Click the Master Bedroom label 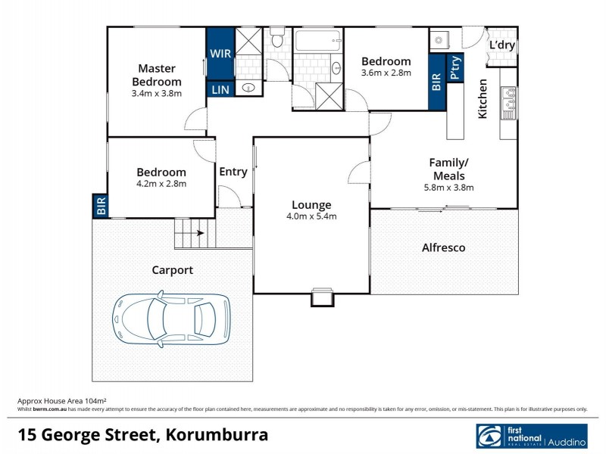click(157, 75)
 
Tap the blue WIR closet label click(220, 54)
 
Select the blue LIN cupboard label click(220, 90)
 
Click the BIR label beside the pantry click(436, 82)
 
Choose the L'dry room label click(501, 45)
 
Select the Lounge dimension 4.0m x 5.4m click(311, 216)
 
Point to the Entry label click(233, 172)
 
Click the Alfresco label click(443, 247)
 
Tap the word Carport click(172, 269)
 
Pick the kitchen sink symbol click(507, 104)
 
